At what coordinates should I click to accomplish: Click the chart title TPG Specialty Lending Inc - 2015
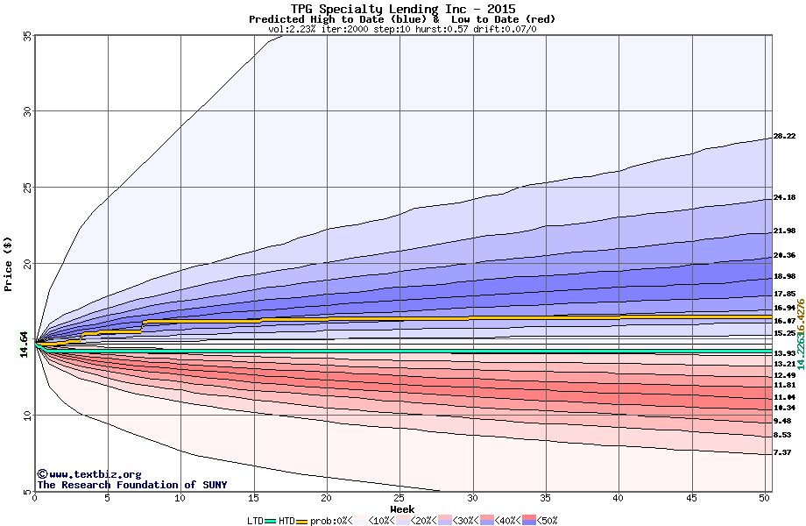tap(402, 9)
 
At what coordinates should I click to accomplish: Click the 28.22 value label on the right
tap(784, 137)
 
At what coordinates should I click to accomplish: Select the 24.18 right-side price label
tap(784, 198)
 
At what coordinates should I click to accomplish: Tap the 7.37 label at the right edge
tap(782, 452)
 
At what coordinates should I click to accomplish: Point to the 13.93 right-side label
tap(784, 353)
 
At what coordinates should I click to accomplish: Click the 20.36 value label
tap(784, 256)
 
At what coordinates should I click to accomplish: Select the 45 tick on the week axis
tap(691, 499)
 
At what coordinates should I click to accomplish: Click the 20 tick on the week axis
tap(326, 499)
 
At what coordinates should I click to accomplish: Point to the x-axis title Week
tap(402, 508)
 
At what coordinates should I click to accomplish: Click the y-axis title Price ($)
tap(9, 264)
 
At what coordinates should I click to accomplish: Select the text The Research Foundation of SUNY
tap(131, 485)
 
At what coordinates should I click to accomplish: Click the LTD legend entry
tap(254, 521)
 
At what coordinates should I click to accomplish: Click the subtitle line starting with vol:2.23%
tap(402, 29)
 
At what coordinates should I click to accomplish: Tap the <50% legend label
tap(548, 521)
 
